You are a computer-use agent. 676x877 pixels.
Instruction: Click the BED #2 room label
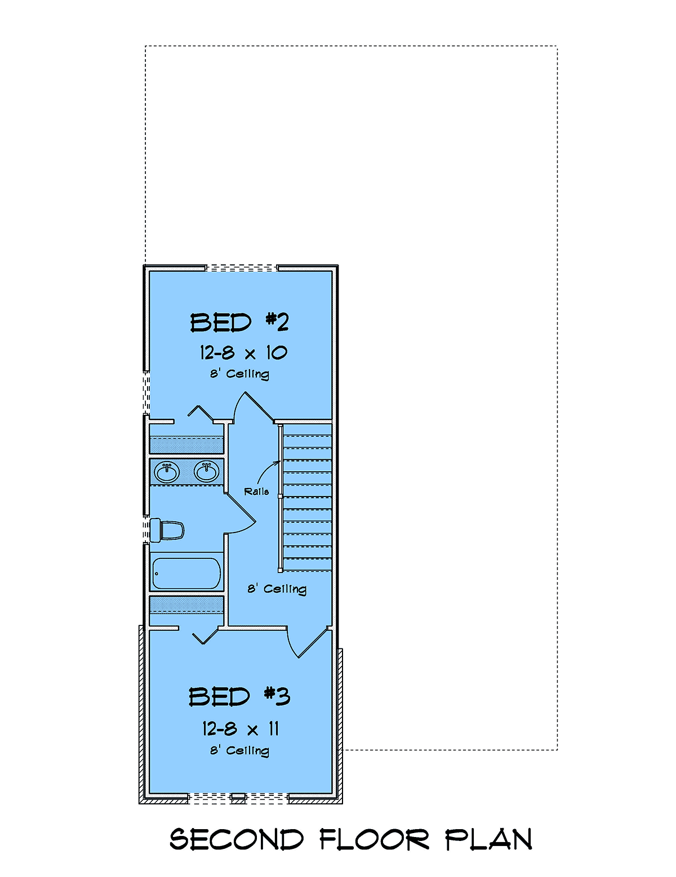click(x=239, y=323)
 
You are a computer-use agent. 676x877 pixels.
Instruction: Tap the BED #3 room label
click(x=239, y=697)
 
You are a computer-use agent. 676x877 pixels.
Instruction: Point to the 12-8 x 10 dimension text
click(x=243, y=353)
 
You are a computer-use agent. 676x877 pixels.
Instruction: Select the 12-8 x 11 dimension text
click(x=241, y=729)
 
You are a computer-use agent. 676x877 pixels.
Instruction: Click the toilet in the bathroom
click(x=167, y=530)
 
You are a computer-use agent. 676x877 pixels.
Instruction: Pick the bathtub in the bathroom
click(x=186, y=573)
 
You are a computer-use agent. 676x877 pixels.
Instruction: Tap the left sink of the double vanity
click(x=167, y=472)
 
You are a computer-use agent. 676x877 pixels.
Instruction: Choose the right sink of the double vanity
click(x=206, y=471)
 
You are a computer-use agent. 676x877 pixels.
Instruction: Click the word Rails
click(x=256, y=491)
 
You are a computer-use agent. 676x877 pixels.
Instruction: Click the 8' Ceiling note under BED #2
click(x=239, y=374)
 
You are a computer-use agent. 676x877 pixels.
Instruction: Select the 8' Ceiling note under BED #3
click(x=239, y=751)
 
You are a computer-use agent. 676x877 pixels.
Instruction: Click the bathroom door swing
click(x=241, y=514)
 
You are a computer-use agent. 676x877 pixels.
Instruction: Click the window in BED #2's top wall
click(x=242, y=268)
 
